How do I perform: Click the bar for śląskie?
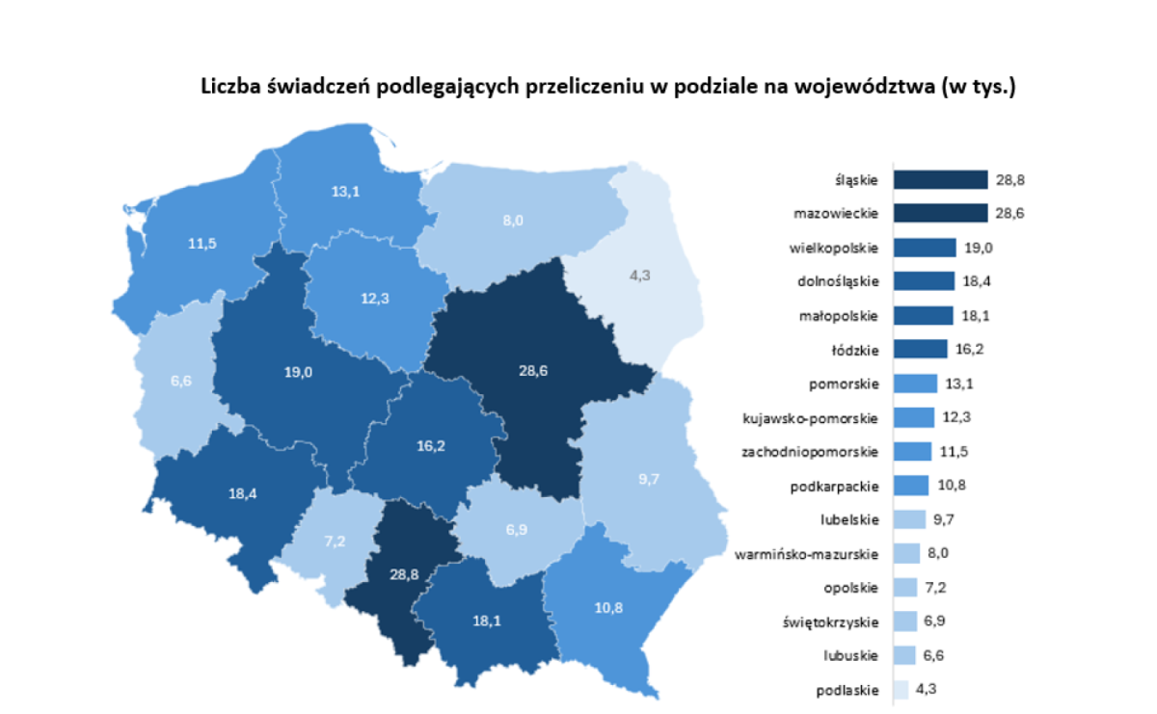click(940, 180)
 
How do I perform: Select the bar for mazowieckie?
click(940, 213)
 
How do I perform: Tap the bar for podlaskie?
click(901, 690)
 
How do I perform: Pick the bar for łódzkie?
click(920, 349)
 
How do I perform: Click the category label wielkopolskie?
click(834, 248)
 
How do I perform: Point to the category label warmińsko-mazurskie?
click(806, 554)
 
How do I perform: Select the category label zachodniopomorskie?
click(810, 451)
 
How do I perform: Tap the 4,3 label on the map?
click(639, 275)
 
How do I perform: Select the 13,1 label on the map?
click(345, 192)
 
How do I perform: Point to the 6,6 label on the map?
click(182, 381)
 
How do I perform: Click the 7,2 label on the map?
click(335, 541)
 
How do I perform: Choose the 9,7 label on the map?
click(648, 478)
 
